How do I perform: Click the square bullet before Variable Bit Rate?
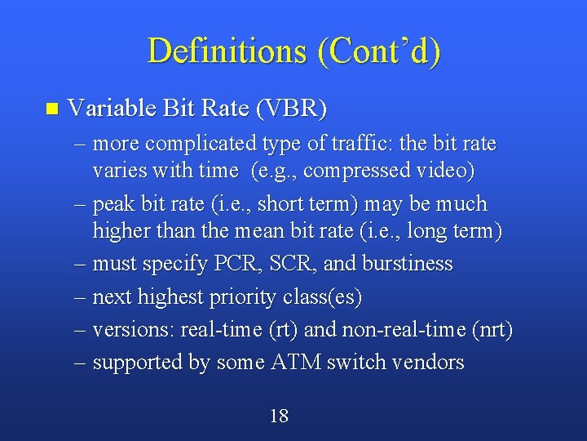53,109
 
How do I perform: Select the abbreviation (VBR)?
292,108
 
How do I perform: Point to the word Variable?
114,108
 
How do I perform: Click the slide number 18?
279,416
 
